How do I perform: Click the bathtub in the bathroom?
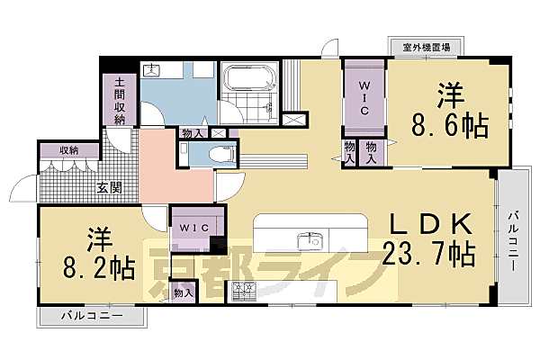(245, 78)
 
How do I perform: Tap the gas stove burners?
(244, 290)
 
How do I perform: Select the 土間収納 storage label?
(120, 100)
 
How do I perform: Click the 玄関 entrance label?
(111, 189)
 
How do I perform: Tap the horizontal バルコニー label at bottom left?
(91, 317)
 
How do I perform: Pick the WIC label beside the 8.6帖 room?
(364, 95)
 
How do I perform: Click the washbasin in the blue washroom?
(154, 69)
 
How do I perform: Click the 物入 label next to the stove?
(183, 293)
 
